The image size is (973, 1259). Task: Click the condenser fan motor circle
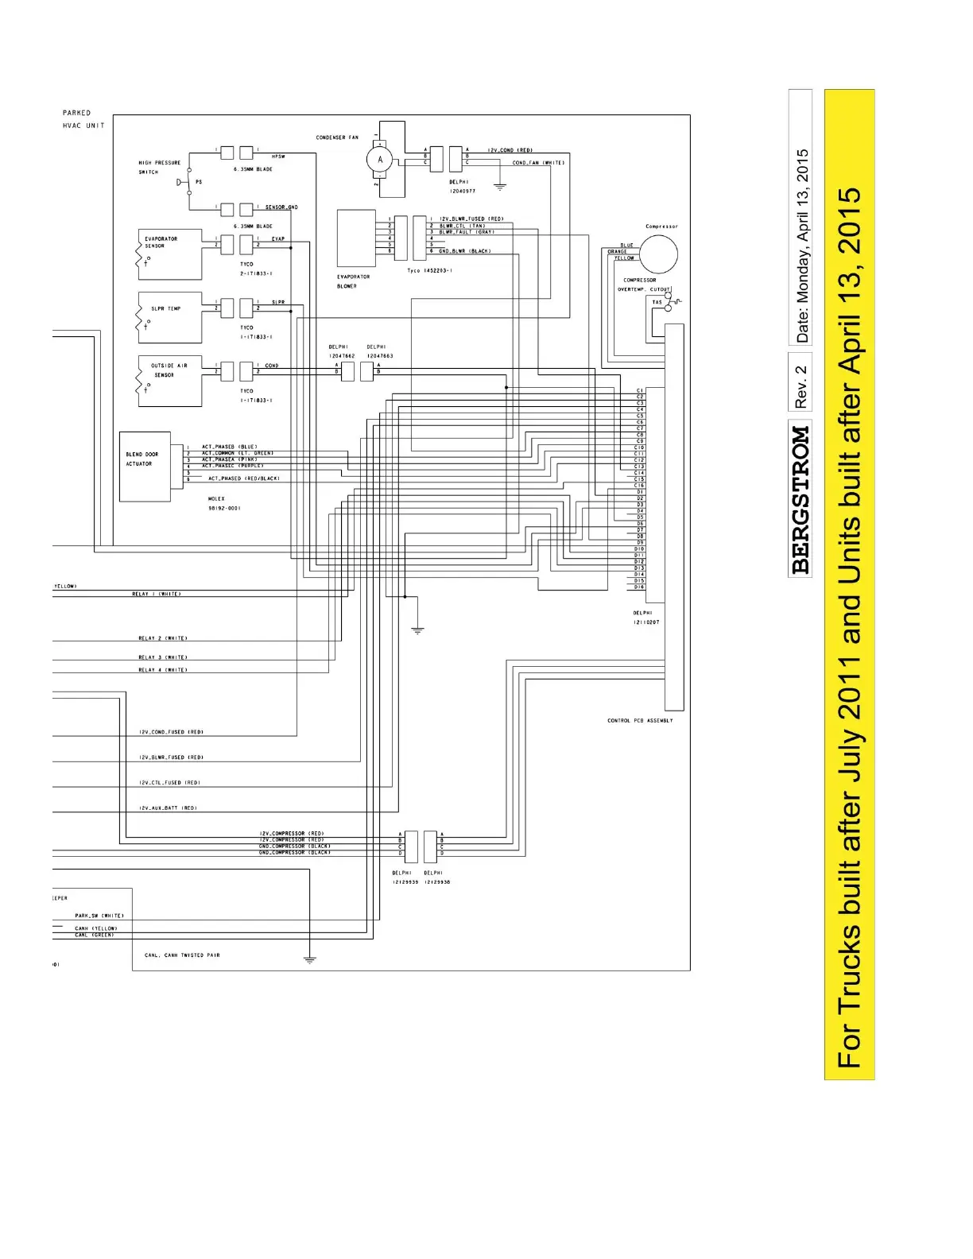380,160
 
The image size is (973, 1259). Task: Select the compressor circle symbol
659,255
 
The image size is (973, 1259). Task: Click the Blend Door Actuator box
145,467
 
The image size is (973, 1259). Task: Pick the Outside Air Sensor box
170,381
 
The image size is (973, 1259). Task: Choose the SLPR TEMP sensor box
170,318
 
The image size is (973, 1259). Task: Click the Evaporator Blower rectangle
356,238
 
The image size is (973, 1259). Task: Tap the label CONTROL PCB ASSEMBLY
640,721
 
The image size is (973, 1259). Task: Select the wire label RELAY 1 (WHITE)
156,594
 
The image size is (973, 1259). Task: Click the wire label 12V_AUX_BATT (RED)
168,808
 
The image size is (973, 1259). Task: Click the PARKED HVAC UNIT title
83,119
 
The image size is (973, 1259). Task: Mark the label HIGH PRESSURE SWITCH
159,167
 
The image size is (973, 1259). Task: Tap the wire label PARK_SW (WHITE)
99,916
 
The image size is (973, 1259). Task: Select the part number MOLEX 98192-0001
224,503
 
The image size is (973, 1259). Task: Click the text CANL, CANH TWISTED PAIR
182,955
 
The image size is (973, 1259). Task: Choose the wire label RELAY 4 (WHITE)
163,670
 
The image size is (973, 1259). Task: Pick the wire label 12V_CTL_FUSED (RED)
169,783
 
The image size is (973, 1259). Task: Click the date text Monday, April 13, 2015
803,246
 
